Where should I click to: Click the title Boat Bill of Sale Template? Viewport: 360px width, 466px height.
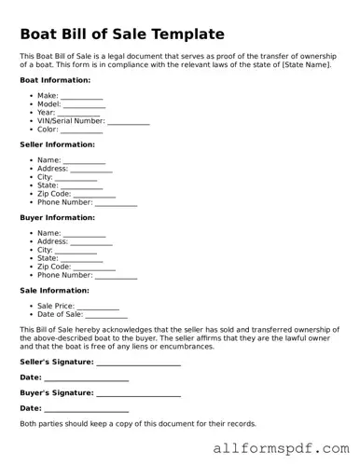point(122,34)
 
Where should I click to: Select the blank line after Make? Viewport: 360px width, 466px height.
point(82,97)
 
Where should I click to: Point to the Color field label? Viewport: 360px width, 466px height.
point(48,130)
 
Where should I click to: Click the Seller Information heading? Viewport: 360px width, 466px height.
point(59,144)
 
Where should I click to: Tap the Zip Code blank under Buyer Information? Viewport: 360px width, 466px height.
point(94,267)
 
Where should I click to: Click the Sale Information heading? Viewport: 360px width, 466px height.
point(55,290)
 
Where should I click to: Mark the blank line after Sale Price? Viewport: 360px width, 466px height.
point(98,306)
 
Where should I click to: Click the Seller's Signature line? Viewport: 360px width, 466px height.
point(138,362)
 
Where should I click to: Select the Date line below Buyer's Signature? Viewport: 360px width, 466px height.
point(87,409)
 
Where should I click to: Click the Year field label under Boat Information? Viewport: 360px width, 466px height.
point(47,113)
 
